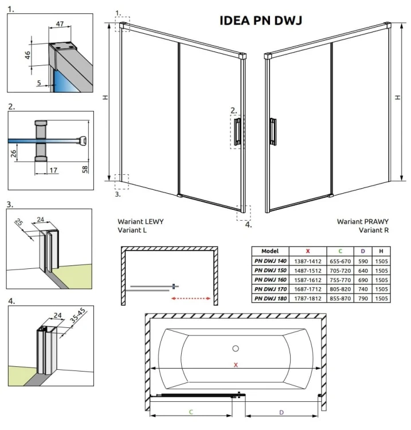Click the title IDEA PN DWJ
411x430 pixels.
pyautogui.click(x=261, y=21)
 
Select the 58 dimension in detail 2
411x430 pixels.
pyautogui.click(x=84, y=170)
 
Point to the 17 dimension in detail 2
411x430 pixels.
pyautogui.click(x=53, y=170)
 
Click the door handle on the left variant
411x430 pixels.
pyautogui.click(x=237, y=131)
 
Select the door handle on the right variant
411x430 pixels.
pyautogui.click(x=273, y=131)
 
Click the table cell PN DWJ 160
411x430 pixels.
pyautogui.click(x=270, y=279)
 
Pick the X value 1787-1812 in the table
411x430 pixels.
pyautogui.click(x=307, y=298)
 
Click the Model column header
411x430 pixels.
pyautogui.click(x=270, y=251)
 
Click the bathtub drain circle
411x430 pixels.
pyautogui.click(x=235, y=348)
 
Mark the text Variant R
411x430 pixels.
pyautogui.click(x=374, y=230)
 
